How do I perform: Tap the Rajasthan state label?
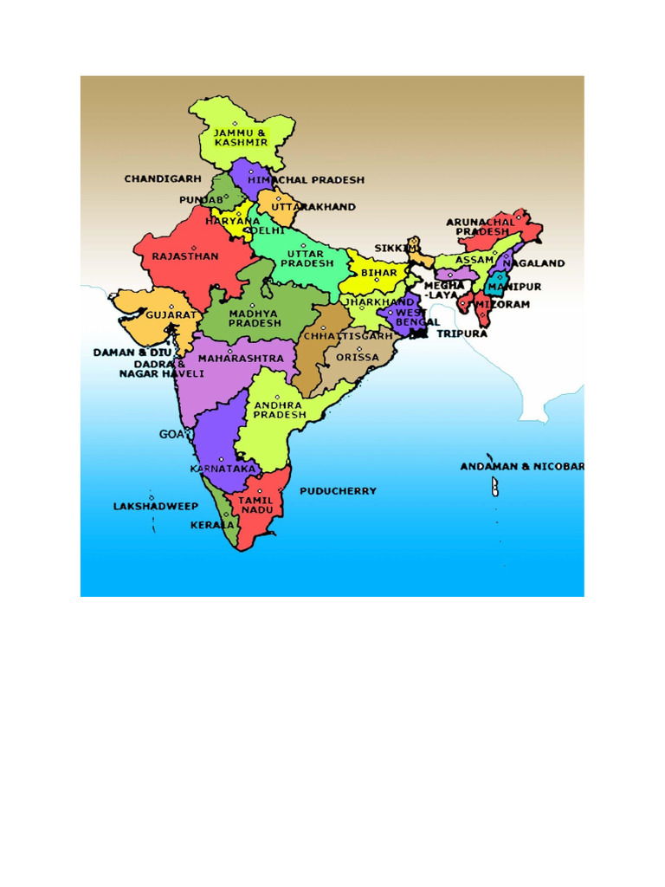(185, 256)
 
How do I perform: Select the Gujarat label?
(171, 314)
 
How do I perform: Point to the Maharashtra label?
(241, 358)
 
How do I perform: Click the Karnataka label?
(223, 469)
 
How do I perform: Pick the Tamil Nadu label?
(255, 505)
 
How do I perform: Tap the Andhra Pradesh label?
(279, 410)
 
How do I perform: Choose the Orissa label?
(357, 357)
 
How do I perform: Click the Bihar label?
(378, 272)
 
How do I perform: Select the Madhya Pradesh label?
(255, 318)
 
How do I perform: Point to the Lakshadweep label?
(156, 506)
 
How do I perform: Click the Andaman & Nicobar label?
(522, 467)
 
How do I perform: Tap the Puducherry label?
(338, 491)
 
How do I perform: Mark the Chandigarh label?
(162, 179)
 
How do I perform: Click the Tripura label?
(462, 333)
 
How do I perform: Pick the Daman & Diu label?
(132, 353)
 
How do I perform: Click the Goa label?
(171, 434)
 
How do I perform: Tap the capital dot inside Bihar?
(377, 280)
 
